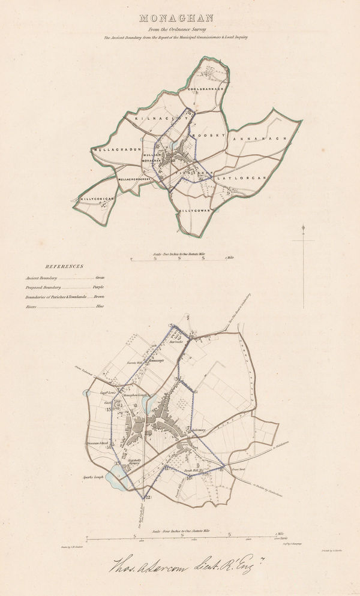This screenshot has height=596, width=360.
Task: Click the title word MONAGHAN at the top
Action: [x=179, y=19]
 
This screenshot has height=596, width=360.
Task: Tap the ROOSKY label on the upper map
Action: [x=208, y=136]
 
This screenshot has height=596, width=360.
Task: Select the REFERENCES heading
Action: [x=64, y=266]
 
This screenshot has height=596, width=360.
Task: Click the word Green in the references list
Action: [x=100, y=278]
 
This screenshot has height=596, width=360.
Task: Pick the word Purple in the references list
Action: [x=98, y=287]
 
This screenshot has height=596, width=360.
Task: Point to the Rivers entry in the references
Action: [x=32, y=306]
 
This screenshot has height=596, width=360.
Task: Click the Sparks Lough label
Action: [x=93, y=477]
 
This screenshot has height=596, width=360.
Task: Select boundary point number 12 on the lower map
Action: [x=148, y=497]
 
